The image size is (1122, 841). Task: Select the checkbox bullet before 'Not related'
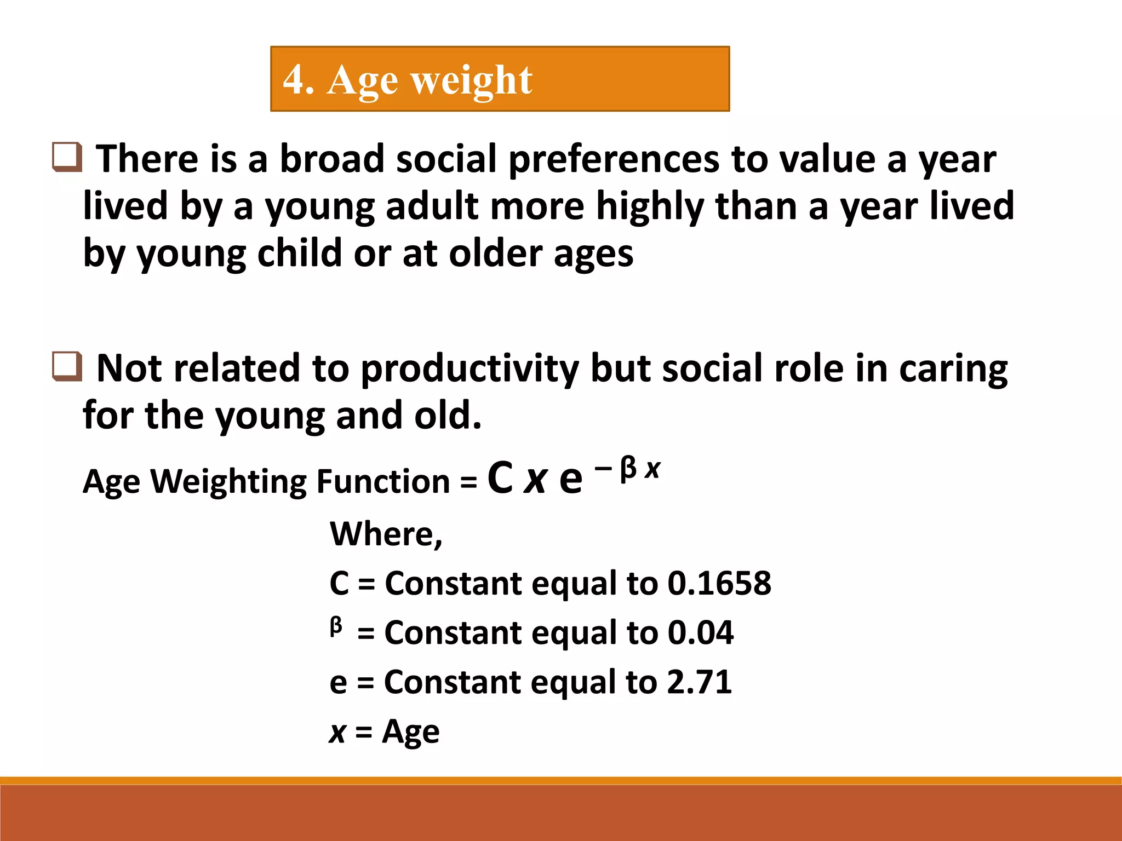coord(67,366)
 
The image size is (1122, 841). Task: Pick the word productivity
coord(469,369)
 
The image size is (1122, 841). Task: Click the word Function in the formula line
coord(383,482)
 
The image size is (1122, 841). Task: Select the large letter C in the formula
coord(500,478)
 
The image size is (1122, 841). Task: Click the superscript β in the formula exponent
coord(628,470)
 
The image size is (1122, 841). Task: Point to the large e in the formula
coord(570,479)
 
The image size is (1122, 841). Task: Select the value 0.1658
coord(719,583)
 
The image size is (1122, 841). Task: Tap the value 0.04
coord(700,632)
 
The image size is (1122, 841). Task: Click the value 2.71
coord(699,682)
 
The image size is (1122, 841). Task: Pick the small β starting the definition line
coord(336,626)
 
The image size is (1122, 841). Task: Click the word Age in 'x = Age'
coord(410,732)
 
